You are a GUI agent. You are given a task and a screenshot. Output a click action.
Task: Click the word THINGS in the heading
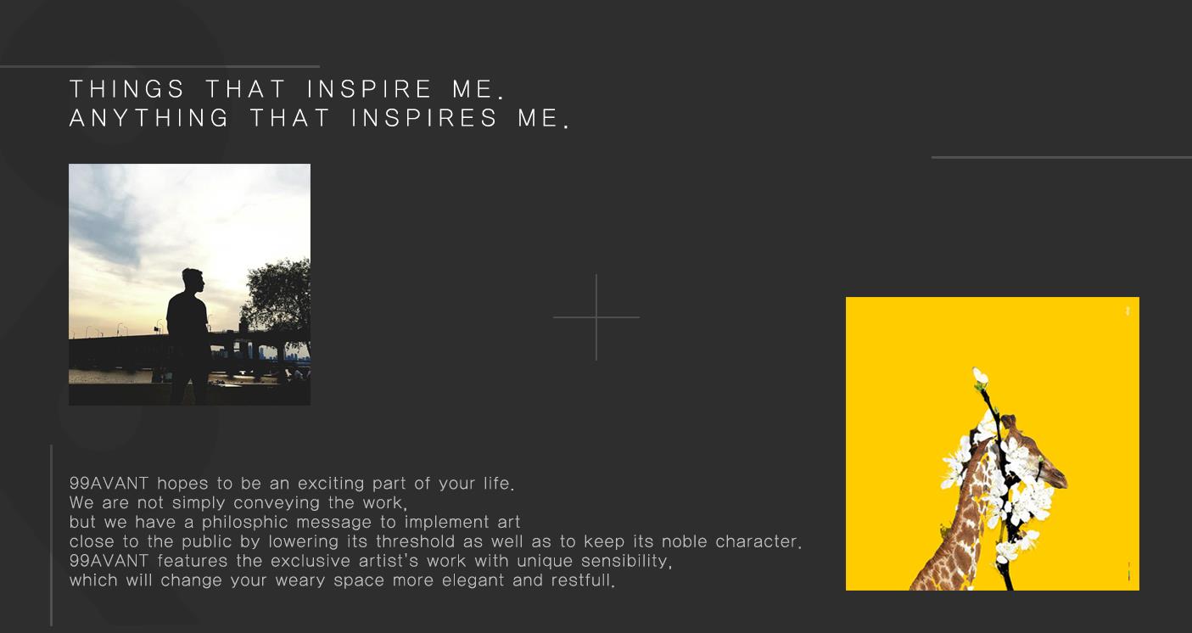(127, 89)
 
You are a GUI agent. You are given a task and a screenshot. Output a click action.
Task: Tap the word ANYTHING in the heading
(149, 118)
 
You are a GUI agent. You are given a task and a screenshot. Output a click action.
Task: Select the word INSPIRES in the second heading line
(425, 118)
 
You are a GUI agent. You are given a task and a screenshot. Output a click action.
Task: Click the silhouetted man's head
(193, 281)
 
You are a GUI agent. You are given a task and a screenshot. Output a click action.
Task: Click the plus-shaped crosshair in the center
(596, 317)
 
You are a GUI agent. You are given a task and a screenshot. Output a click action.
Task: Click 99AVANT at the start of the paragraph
(109, 484)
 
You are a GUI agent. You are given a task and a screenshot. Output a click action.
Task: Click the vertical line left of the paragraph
(51, 535)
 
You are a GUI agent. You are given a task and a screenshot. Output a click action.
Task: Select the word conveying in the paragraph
(277, 503)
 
